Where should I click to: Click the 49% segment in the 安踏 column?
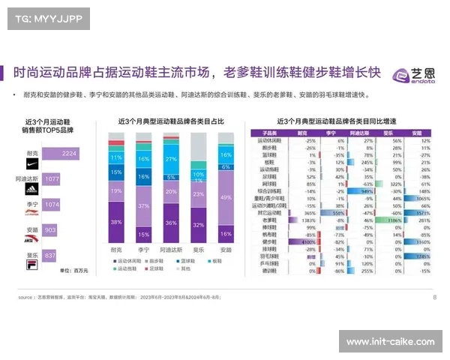click(226, 196)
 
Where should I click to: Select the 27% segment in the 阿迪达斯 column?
click(171, 160)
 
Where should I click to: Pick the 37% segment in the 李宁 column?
click(143, 205)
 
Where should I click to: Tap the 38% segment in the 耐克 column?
click(116, 223)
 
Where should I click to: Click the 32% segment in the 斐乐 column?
click(199, 224)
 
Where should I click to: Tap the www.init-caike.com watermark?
click(390, 342)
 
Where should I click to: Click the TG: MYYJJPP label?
click(46, 18)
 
